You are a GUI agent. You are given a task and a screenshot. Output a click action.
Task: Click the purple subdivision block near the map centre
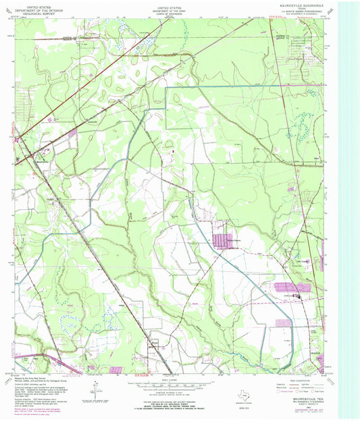click(x=222, y=240)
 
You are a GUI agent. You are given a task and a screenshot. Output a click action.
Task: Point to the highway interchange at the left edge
click(x=18, y=140)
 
